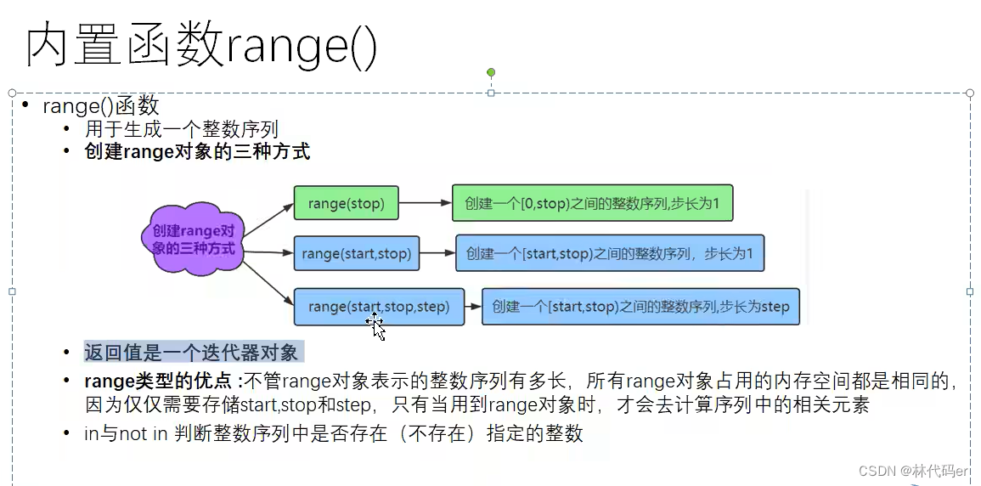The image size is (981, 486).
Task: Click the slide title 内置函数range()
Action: coord(201,46)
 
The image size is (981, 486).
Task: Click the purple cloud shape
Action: coord(193,240)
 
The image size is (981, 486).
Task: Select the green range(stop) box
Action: coord(346,204)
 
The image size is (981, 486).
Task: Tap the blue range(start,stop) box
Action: coord(356,253)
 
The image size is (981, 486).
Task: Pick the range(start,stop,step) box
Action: coord(379,307)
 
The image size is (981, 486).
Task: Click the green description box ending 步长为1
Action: coord(592,204)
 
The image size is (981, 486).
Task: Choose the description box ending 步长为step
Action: coord(640,307)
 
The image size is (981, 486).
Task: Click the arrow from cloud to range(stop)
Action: coord(267,220)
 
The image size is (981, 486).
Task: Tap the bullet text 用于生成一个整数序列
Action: coord(182,130)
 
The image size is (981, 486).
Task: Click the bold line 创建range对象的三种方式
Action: coord(197,152)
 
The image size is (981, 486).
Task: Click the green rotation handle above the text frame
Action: coord(491,73)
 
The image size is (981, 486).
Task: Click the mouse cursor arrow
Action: coord(377,328)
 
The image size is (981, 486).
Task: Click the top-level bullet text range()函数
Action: coord(101,106)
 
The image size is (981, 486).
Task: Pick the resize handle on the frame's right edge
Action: coord(970,291)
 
